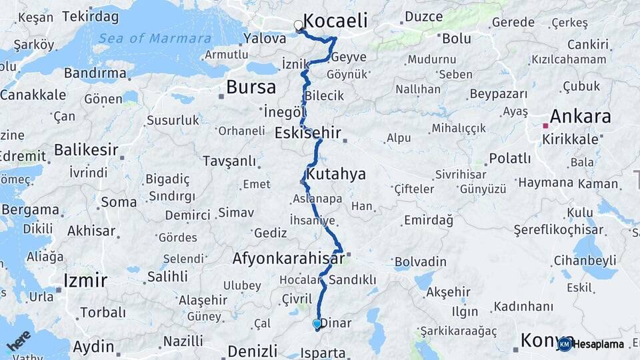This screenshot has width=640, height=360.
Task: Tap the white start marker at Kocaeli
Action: pyautogui.click(x=299, y=25)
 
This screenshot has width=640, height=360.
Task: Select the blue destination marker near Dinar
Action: pyautogui.click(x=317, y=325)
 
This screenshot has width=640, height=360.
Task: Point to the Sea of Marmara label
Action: pyautogui.click(x=155, y=38)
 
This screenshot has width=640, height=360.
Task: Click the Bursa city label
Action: pyautogui.click(x=251, y=87)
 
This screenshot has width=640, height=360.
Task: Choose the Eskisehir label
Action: pyautogui.click(x=307, y=133)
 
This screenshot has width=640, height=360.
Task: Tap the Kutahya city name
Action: pyautogui.click(x=337, y=175)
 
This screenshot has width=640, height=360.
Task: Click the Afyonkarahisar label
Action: pyautogui.click(x=288, y=257)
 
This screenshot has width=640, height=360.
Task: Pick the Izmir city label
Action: pyautogui.click(x=85, y=280)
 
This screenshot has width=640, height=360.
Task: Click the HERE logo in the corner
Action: pyautogui.click(x=19, y=341)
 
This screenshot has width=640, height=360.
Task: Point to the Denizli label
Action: pyautogui.click(x=252, y=351)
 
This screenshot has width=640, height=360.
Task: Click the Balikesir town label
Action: pyautogui.click(x=86, y=149)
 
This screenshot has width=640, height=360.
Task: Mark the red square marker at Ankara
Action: pyautogui.click(x=545, y=125)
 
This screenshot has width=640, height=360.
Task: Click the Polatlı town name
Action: pyautogui.click(x=510, y=158)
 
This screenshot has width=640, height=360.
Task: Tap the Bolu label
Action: pyautogui.click(x=457, y=39)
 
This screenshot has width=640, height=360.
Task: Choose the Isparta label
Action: pyautogui.click(x=323, y=353)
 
